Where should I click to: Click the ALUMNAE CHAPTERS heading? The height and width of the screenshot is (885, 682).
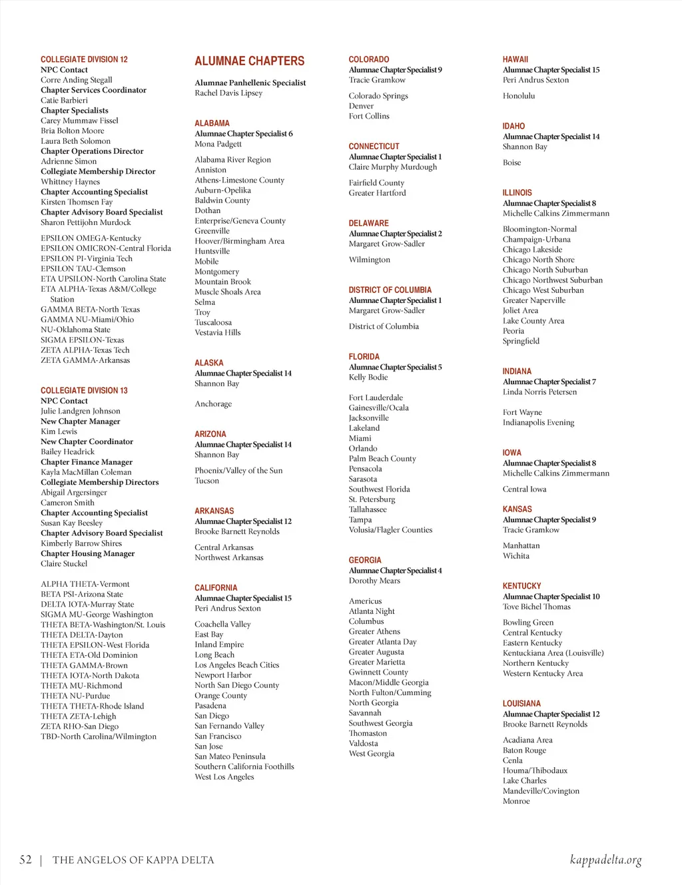(249, 61)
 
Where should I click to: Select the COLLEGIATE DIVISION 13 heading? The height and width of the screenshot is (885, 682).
(84, 390)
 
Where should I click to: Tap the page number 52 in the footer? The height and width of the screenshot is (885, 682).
(25, 860)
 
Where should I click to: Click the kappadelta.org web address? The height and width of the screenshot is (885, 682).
(605, 860)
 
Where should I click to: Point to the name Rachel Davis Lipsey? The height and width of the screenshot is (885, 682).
(228, 93)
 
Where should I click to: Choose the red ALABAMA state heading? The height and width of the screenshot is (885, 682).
(212, 123)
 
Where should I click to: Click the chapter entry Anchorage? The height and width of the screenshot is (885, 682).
(213, 404)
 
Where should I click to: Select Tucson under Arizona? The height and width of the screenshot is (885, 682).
(206, 481)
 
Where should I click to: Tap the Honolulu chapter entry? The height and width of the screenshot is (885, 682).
(519, 96)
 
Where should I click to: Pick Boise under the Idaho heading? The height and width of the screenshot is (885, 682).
(511, 162)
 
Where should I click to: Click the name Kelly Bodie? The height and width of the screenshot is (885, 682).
(368, 377)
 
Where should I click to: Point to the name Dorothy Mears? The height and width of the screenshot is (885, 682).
(374, 581)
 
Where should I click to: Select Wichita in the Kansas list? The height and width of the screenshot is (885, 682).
(516, 556)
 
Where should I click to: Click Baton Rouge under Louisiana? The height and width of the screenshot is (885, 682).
(524, 750)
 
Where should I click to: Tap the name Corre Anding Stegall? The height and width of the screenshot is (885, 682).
(77, 80)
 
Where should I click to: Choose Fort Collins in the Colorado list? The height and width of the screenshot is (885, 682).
(369, 116)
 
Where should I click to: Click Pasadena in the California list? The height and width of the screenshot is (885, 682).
(210, 706)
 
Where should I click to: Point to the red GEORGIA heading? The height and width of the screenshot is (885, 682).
(365, 560)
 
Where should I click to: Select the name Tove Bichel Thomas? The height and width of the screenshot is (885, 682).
(537, 607)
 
